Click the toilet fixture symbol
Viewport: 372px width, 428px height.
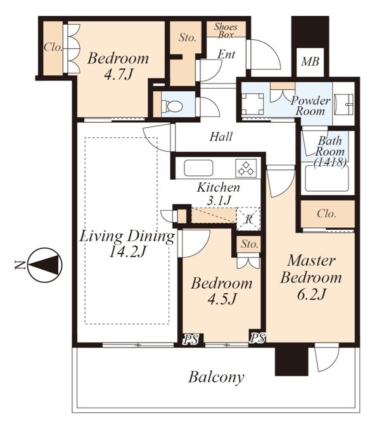coord(172,106)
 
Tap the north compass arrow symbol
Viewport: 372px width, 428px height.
coord(46,265)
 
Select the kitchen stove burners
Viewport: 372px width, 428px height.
coord(246,168)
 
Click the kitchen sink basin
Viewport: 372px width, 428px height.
coord(198,168)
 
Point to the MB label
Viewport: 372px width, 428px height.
coord(310,61)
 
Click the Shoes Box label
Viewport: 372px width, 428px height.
coord(226,30)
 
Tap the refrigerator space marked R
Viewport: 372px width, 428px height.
coord(248,219)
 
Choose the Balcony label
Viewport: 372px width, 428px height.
coord(216,377)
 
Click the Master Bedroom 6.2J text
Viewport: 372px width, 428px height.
coord(311,277)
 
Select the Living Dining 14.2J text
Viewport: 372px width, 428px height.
coord(127,244)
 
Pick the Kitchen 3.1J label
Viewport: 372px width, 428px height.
coord(219,194)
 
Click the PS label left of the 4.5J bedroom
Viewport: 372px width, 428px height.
coord(191,339)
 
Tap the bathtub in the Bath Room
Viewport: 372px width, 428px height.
coord(327,179)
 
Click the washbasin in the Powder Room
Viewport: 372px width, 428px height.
coord(344,104)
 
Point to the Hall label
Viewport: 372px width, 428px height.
coord(221,136)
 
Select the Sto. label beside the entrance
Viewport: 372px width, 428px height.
coord(188,37)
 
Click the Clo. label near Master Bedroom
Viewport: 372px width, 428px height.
coord(326,213)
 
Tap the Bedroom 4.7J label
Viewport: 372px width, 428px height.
coord(119,66)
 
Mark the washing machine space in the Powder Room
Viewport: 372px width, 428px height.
coord(253,104)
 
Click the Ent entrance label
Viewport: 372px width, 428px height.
coord(226,54)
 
